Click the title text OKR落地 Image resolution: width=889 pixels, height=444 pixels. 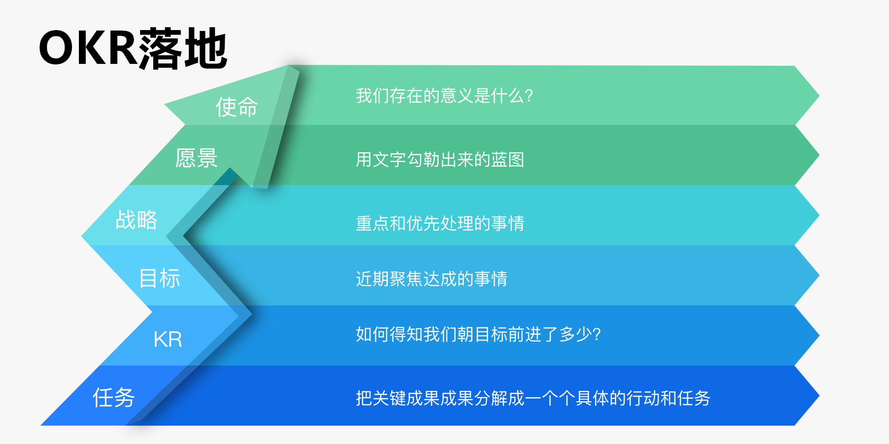pos(133,48)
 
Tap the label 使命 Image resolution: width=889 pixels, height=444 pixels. pos(237,107)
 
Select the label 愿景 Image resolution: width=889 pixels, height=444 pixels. pos(197,158)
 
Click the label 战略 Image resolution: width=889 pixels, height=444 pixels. pos(136,220)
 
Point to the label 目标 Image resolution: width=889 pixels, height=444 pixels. pos(160,278)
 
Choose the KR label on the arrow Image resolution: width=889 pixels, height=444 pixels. pos(168,339)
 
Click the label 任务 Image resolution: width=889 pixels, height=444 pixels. pos(114,397)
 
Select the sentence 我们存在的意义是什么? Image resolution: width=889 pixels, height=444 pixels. pos(444,95)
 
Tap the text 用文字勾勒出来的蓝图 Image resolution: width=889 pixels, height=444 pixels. pos(440,159)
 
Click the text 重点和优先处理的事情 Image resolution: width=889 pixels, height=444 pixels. pos(440,223)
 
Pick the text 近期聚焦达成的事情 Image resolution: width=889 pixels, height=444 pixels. pos(432,279)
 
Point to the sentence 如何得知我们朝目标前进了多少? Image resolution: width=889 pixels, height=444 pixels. pos(478,334)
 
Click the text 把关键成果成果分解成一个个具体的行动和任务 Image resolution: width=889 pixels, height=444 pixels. pos(533,398)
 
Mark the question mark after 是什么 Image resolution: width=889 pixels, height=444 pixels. pos(529,96)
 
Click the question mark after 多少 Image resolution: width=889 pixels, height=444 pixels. pos(597,335)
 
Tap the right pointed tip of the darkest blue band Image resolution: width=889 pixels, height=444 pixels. pos(819,396)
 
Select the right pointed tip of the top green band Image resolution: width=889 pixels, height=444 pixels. pos(819,95)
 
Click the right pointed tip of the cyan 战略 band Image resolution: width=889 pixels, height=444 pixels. pos(819,215)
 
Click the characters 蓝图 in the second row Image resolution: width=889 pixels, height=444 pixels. pos(508,159)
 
